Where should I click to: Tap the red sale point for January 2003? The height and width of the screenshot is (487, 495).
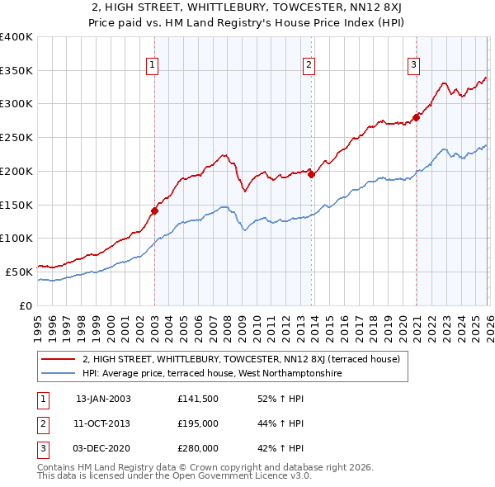click(x=154, y=210)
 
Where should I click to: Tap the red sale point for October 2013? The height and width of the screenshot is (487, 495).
click(x=311, y=173)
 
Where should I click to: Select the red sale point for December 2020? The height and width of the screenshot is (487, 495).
click(x=417, y=116)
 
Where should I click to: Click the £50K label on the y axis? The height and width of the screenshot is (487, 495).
click(x=19, y=271)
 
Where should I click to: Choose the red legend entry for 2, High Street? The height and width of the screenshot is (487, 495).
click(x=241, y=359)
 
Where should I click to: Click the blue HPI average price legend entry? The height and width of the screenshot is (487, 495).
click(x=211, y=373)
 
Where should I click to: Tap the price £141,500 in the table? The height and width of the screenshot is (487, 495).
click(x=197, y=398)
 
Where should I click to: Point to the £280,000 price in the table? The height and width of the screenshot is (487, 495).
click(x=197, y=448)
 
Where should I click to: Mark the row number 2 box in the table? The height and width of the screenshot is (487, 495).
click(x=42, y=423)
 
